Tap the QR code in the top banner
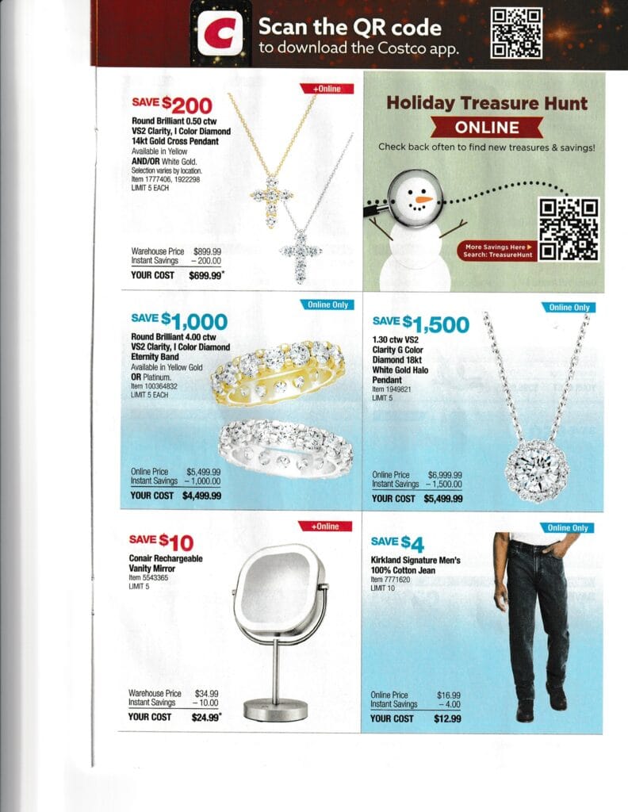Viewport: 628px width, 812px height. click(516, 33)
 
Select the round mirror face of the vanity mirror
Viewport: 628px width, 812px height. click(278, 588)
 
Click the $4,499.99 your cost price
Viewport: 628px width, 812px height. click(201, 496)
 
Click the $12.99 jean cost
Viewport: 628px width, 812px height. click(448, 718)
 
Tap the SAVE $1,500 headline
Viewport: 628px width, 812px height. click(420, 324)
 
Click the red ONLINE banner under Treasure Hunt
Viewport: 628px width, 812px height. click(487, 127)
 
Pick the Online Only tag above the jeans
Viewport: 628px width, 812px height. click(568, 527)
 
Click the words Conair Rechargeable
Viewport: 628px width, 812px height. click(166, 559)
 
